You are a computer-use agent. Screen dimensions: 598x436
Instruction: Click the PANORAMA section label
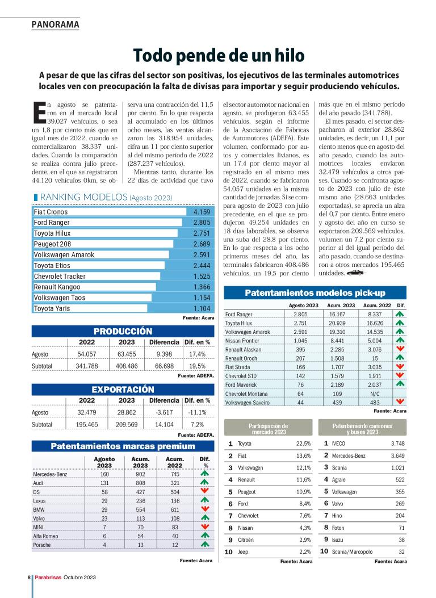pyautogui.click(x=55, y=24)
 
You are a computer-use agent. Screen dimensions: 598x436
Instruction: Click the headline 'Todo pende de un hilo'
pyautogui.click(x=219, y=55)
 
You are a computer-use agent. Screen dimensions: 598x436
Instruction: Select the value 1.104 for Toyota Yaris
pyautogui.click(x=202, y=308)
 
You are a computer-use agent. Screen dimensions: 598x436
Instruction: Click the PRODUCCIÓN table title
pyautogui.click(x=123, y=331)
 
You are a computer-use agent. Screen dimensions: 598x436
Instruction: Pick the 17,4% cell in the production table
pyautogui.click(x=198, y=354)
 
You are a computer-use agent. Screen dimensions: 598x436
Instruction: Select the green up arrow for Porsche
pyautogui.click(x=205, y=545)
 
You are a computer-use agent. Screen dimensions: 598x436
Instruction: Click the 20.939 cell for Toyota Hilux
pyautogui.click(x=341, y=323)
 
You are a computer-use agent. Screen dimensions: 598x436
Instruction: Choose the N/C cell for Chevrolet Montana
pyautogui.click(x=375, y=394)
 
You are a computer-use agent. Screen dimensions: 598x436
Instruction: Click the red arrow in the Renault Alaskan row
pyautogui.click(x=400, y=349)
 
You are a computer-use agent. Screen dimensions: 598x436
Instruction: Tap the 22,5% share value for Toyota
pyautogui.click(x=303, y=444)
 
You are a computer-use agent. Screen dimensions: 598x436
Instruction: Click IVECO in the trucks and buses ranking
pyautogui.click(x=338, y=444)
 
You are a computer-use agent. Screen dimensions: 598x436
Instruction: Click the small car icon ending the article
pyautogui.click(x=355, y=273)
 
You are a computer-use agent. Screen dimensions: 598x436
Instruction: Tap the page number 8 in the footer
pyautogui.click(x=28, y=577)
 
